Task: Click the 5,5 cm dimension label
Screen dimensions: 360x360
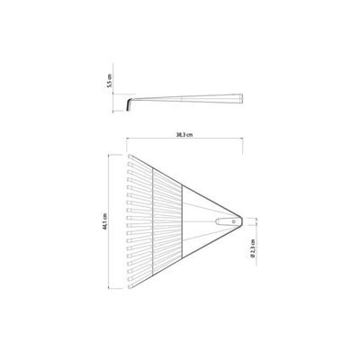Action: pyautogui.click(x=110, y=80)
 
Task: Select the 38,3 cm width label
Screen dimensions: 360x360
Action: pyautogui.click(x=184, y=135)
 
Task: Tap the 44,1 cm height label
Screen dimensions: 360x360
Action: pyautogui.click(x=104, y=221)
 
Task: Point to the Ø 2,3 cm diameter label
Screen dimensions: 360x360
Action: pyautogui.click(x=252, y=248)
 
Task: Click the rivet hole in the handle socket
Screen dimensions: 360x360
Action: pyautogui.click(x=234, y=221)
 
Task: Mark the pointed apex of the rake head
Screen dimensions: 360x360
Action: pyautogui.click(x=241, y=219)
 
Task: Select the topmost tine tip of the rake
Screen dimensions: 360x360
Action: pyautogui.click(x=130, y=157)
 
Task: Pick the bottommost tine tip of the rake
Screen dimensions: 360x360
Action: pyautogui.click(x=130, y=287)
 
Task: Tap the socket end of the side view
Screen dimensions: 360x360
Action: pyautogui.click(x=240, y=99)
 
